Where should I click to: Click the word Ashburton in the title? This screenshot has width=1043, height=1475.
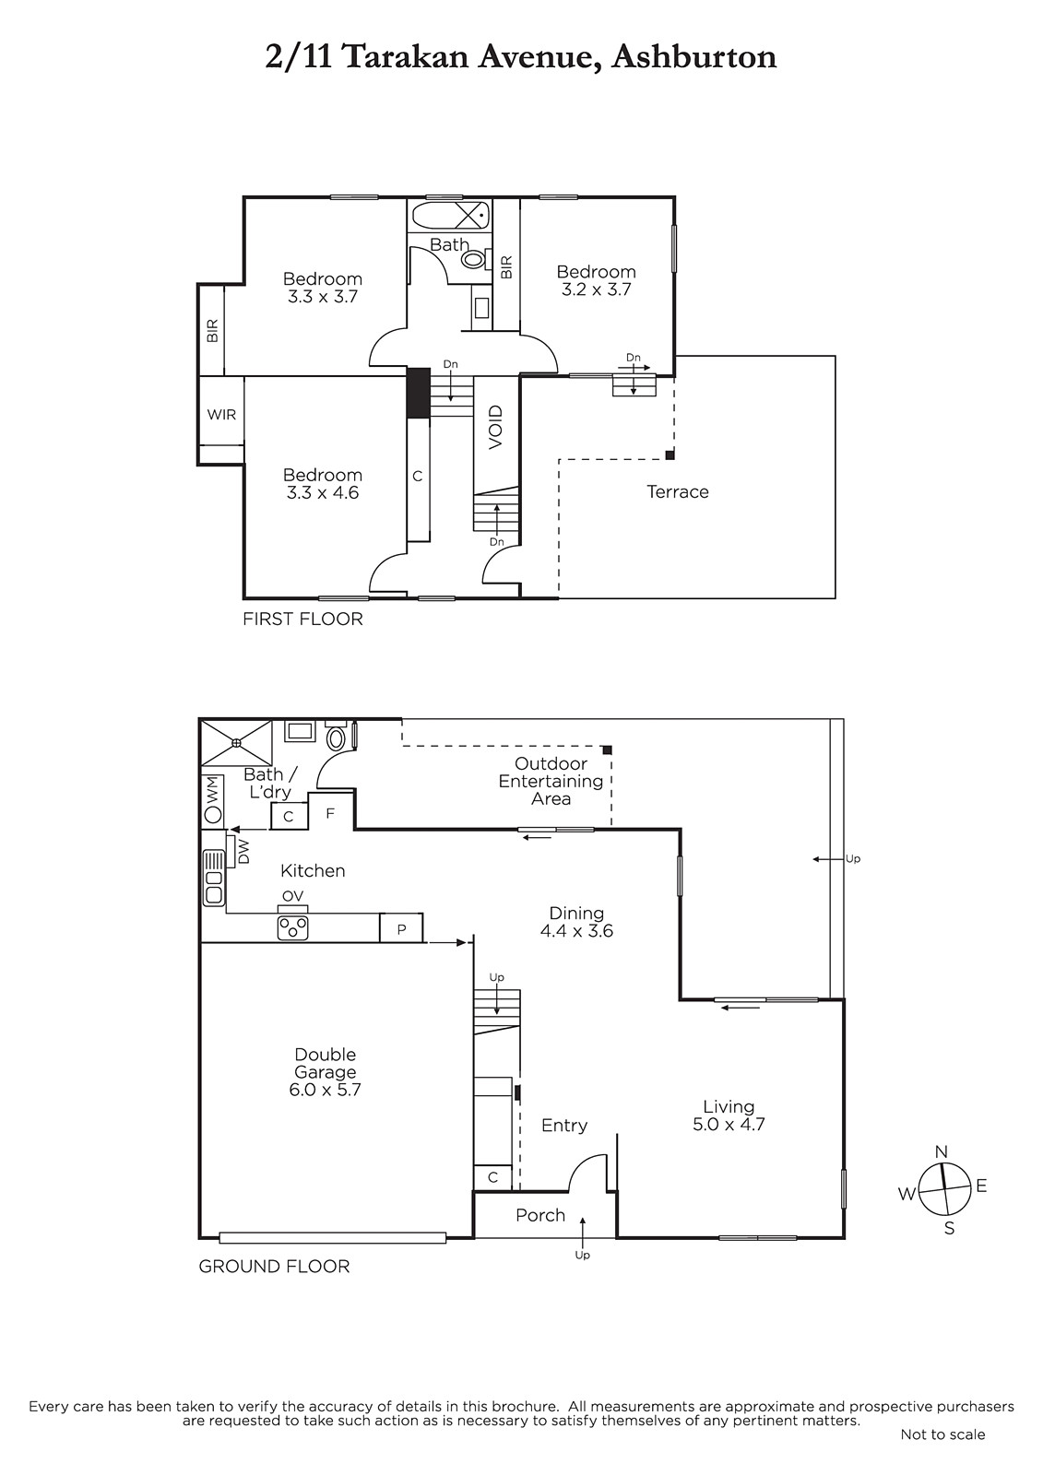[x=693, y=57]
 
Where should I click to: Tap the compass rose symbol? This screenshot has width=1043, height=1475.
[x=944, y=1189]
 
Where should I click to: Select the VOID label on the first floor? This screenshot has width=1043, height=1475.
[x=496, y=428]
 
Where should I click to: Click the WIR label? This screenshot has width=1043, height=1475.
[x=221, y=415]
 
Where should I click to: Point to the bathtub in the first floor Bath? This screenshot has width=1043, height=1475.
[x=451, y=215]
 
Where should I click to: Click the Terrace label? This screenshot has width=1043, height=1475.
[x=677, y=492]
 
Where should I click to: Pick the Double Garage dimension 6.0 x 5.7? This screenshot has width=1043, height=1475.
[x=325, y=1090]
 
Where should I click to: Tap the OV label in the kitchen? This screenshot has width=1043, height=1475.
[x=292, y=896]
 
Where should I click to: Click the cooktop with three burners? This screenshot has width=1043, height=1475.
[x=293, y=927]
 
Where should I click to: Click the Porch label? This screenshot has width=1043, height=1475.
[x=540, y=1215]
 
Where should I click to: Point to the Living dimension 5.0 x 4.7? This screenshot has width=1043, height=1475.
[x=728, y=1124]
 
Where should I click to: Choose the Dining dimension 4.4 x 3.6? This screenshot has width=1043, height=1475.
[x=576, y=930]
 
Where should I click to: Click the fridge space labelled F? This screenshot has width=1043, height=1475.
[x=331, y=812]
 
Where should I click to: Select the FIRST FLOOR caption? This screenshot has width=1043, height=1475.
[x=302, y=619]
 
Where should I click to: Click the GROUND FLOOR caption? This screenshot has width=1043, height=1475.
[x=274, y=1267]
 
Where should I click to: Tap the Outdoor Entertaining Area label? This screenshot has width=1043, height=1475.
[x=551, y=781]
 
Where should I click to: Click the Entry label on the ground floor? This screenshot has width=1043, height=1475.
[x=564, y=1126]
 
